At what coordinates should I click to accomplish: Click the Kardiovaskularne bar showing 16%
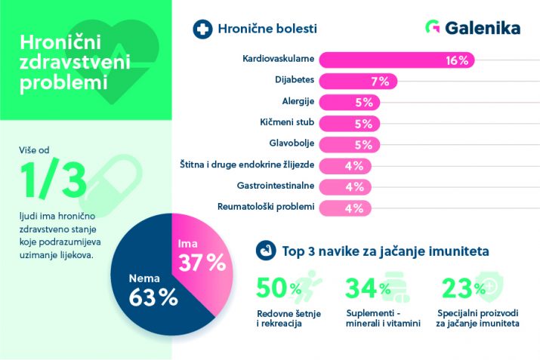(397, 60)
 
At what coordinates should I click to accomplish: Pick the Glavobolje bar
(350, 143)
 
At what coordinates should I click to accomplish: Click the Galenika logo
(473, 28)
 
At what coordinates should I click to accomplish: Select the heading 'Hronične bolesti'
(267, 29)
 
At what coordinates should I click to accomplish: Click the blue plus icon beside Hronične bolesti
(202, 29)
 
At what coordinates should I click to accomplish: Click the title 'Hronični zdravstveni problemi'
(64, 60)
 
